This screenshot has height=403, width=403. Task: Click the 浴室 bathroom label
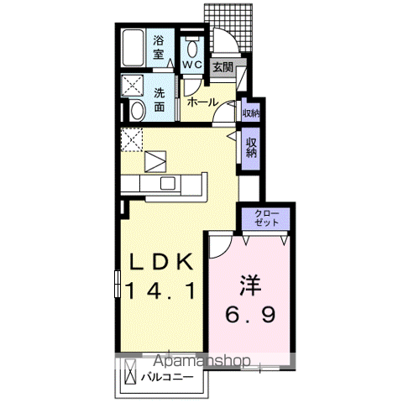[159, 46]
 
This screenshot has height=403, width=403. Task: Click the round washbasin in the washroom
[136, 108]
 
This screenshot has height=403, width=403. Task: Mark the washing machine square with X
[133, 85]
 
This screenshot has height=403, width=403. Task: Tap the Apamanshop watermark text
[201, 361]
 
